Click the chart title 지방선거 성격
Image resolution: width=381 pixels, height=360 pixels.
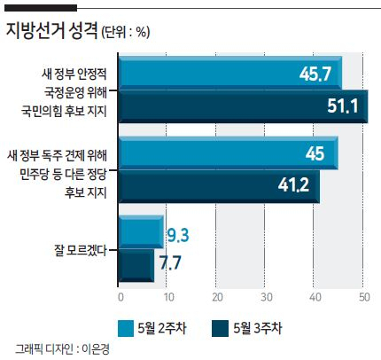click(51, 31)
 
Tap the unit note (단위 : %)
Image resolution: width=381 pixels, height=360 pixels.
click(126, 32)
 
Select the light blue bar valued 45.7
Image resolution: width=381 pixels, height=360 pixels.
click(230, 73)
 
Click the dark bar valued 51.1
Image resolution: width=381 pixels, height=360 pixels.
click(244, 106)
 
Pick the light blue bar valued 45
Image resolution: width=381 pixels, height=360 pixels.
click(229, 153)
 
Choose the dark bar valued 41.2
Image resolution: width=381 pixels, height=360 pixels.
click(219, 187)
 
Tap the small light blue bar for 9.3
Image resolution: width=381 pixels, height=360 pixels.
click(141, 232)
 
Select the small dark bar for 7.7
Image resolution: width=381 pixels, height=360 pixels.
click(136, 266)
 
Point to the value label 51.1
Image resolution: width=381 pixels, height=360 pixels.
click(343, 106)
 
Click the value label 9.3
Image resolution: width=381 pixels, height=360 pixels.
click(178, 235)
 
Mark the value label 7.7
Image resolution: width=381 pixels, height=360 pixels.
click(170, 262)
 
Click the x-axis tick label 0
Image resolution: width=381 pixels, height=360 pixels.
click(121, 297)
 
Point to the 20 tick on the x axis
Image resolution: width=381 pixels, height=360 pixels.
click(217, 297)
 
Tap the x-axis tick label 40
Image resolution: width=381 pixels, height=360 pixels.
click(315, 297)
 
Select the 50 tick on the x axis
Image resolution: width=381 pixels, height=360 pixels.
click(364, 297)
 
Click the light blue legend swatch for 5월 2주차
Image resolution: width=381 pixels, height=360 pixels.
click(126, 328)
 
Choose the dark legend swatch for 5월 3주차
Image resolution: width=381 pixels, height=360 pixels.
click(220, 328)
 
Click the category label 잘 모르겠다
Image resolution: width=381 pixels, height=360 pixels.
click(81, 250)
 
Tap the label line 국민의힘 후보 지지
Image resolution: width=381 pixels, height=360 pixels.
click(64, 112)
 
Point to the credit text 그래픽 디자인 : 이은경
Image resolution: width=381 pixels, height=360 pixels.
click(62, 349)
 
